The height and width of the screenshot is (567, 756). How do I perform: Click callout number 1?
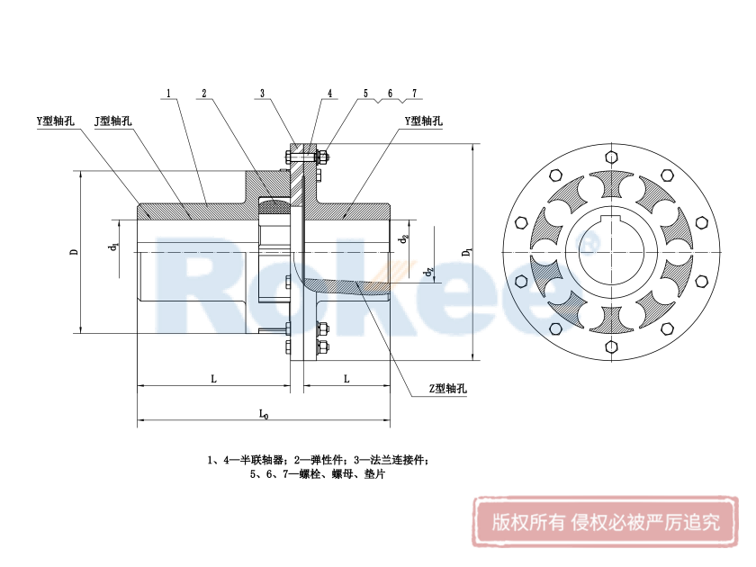tap(169, 93)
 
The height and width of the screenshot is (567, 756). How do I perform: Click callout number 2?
tap(204, 93)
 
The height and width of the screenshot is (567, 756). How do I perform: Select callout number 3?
tap(262, 93)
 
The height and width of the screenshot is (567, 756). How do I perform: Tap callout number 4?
tap(330, 93)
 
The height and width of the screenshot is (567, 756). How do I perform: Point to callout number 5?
tap(366, 93)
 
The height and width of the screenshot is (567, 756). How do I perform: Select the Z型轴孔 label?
tap(447, 389)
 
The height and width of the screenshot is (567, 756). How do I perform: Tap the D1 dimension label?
tap(466, 253)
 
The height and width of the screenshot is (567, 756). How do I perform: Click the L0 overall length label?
tap(263, 414)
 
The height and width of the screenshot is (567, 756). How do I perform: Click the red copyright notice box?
tap(605, 522)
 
